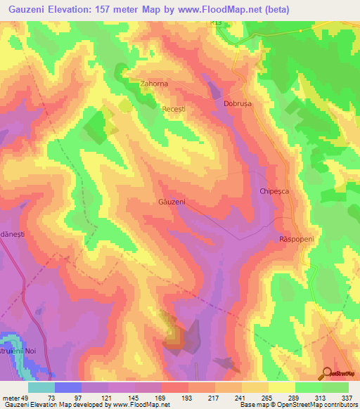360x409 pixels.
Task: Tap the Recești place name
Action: point(173,111)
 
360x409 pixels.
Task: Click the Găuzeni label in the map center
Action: point(171,202)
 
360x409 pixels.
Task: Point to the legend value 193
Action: point(188,398)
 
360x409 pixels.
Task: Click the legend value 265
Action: point(268,398)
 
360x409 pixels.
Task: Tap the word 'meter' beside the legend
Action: point(11,398)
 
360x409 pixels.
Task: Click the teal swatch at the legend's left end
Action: point(41,387)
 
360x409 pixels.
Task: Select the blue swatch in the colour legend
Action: point(67,387)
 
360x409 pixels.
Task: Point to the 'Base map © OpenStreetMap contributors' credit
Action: point(298,405)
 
